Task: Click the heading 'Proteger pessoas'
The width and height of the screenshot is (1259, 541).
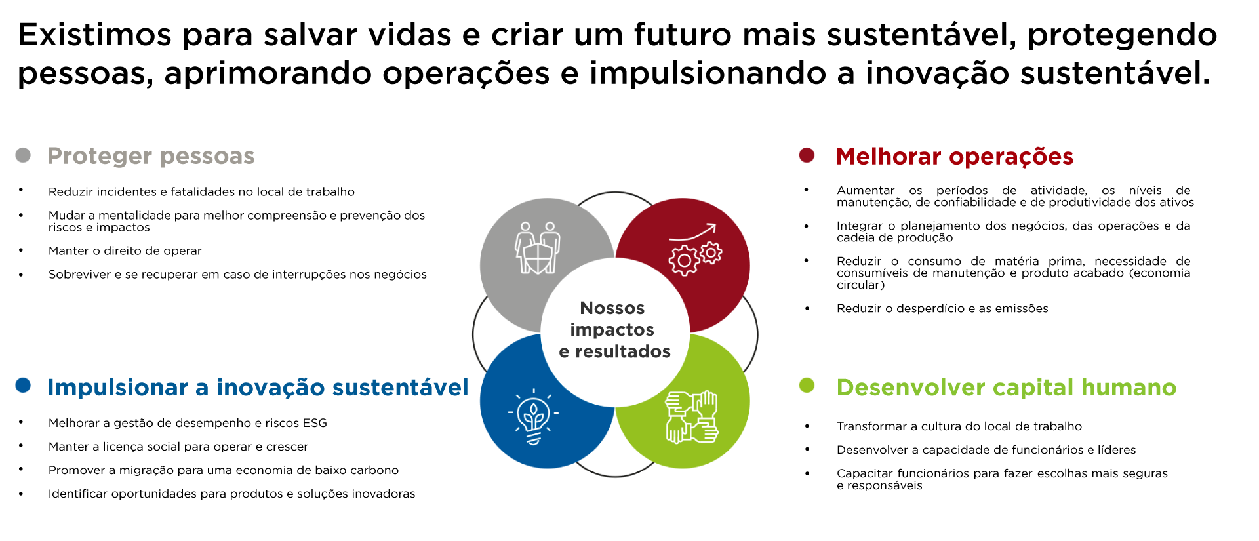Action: pyautogui.click(x=151, y=156)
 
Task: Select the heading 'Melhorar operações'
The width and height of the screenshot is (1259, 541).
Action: pyautogui.click(x=955, y=157)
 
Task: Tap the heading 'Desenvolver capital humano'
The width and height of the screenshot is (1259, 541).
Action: pyautogui.click(x=1007, y=388)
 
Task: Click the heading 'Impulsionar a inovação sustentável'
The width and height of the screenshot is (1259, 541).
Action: pyautogui.click(x=258, y=388)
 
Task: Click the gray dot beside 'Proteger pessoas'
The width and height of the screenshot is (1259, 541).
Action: pyautogui.click(x=23, y=155)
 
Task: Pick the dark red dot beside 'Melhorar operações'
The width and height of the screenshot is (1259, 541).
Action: pyautogui.click(x=807, y=155)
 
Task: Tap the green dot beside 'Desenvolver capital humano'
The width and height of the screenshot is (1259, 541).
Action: pyautogui.click(x=807, y=385)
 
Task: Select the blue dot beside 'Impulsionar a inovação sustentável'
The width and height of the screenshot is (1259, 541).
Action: pyautogui.click(x=23, y=385)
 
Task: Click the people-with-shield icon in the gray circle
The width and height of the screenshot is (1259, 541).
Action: pyautogui.click(x=537, y=248)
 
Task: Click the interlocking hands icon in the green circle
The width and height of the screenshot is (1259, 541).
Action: pyautogui.click(x=692, y=417)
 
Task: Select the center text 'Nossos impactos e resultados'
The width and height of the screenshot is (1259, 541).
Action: pyautogui.click(x=614, y=330)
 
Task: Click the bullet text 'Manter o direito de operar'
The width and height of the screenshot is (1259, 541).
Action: pyautogui.click(x=125, y=251)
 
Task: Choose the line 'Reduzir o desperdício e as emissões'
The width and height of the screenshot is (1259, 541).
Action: pyautogui.click(x=942, y=309)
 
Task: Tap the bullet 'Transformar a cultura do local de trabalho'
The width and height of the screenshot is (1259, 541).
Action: pyautogui.click(x=959, y=426)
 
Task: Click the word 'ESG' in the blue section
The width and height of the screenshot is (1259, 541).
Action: pyautogui.click(x=314, y=423)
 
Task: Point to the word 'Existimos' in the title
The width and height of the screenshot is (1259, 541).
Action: pyautogui.click(x=94, y=35)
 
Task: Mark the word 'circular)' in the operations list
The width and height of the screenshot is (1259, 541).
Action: pyautogui.click(x=861, y=285)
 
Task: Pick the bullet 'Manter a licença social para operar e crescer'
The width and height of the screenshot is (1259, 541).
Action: pyautogui.click(x=178, y=447)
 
